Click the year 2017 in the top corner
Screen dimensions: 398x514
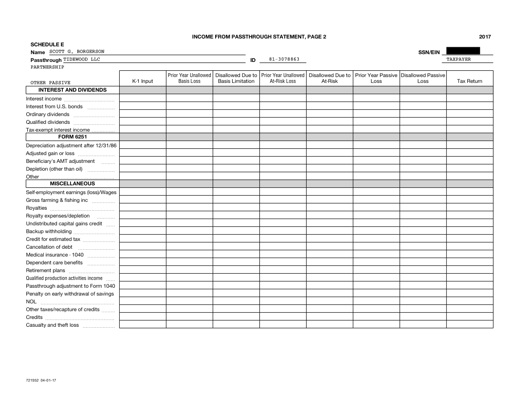[485, 37]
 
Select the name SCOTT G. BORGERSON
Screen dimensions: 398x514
[76, 52]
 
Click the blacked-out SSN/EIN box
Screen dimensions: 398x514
[463, 51]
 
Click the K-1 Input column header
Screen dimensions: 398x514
[143, 81]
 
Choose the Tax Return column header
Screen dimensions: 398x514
[469, 81]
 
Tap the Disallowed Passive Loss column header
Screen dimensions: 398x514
[422, 79]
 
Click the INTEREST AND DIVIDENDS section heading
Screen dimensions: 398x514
[73, 90]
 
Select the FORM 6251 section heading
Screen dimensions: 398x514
[73, 137]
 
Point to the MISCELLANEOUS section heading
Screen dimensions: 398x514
[73, 184]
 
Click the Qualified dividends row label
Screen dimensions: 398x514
[48, 122]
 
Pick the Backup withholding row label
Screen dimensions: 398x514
[49, 231]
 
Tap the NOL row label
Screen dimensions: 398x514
[31, 301]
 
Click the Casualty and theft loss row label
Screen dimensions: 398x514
[52, 325]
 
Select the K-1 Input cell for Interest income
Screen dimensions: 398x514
[143, 98]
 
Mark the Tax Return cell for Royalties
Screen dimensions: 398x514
[469, 207]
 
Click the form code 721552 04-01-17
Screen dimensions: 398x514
[41, 379]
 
